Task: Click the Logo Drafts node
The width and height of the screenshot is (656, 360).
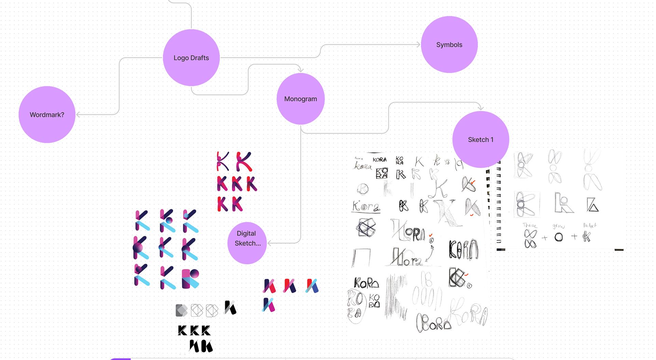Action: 191,58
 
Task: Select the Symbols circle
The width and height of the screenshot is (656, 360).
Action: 449,45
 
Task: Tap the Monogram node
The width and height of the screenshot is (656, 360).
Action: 300,99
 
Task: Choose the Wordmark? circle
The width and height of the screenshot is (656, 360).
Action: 47,115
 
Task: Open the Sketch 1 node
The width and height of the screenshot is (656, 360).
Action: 480,139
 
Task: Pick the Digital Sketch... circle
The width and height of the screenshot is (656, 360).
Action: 247,238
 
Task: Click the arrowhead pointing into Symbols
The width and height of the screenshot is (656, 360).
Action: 418,44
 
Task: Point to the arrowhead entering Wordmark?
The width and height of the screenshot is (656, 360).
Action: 78,115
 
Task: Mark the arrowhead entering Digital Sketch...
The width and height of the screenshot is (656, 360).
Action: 269,243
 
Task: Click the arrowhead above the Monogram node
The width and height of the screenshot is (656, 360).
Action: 300,70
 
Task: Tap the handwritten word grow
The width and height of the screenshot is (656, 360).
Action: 559,226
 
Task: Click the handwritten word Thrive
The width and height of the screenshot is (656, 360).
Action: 530,225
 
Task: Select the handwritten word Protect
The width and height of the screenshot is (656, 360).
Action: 590,225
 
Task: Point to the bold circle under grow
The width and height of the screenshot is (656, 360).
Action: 559,237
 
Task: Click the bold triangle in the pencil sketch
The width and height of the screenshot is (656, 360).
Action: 592,205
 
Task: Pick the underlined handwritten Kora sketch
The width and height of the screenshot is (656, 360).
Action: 366,207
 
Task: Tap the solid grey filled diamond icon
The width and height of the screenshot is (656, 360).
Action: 181,310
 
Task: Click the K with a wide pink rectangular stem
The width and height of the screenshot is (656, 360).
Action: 190,278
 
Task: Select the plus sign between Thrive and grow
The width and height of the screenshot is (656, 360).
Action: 545,238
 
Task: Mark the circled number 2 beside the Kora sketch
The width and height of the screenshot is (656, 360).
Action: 431,241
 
